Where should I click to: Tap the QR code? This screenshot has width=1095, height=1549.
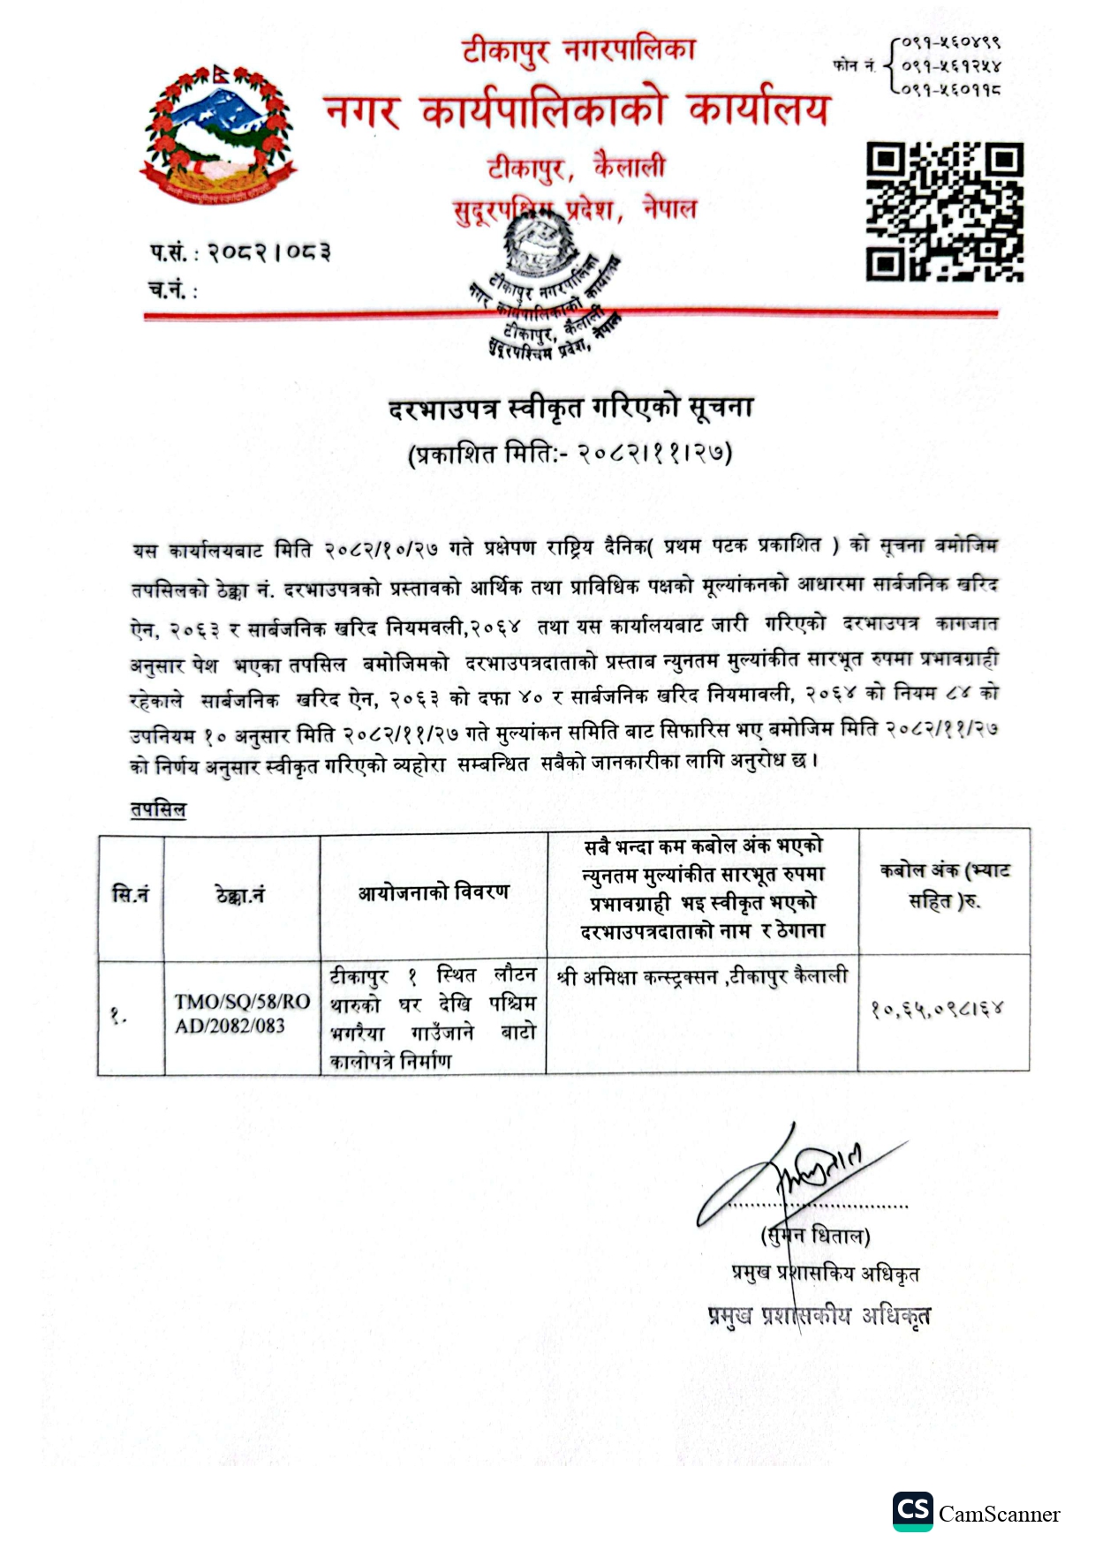pyautogui.click(x=944, y=212)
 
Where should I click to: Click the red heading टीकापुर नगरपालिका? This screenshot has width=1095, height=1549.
pyautogui.click(x=578, y=51)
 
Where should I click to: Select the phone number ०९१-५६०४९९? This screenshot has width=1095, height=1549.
pyautogui.click(x=951, y=41)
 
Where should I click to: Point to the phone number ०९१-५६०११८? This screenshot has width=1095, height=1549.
pyautogui.click(x=951, y=89)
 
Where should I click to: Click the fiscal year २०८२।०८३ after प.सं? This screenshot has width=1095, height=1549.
pyautogui.click(x=269, y=253)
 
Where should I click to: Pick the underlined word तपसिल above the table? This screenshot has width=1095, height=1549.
pyautogui.click(x=158, y=809)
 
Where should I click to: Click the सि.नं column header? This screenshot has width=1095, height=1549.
pyautogui.click(x=131, y=895)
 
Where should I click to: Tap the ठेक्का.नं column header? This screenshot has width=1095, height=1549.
pyautogui.click(x=240, y=895)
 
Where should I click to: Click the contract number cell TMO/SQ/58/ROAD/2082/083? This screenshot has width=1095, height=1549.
pyautogui.click(x=241, y=1013)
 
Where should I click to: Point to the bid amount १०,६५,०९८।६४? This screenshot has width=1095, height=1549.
pyautogui.click(x=937, y=1008)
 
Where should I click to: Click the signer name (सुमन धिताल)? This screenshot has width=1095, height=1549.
pyautogui.click(x=815, y=1236)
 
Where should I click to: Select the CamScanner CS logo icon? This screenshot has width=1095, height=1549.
pyautogui.click(x=911, y=1512)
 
